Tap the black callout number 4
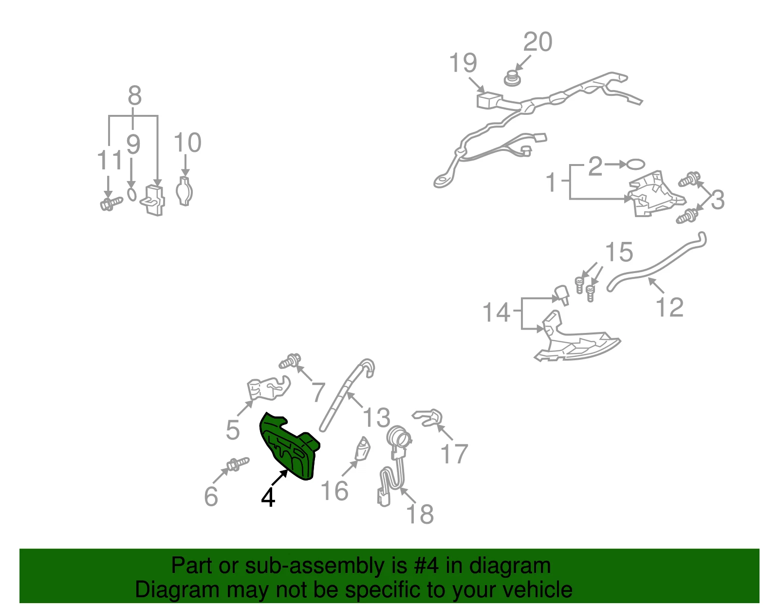pos(268,497)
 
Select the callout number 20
pos(538,42)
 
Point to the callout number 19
pos(463,63)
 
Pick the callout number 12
pos(669,307)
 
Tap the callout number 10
pos(187,142)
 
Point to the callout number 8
pos(135,95)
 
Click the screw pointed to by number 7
pos(290,361)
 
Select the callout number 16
pos(334,491)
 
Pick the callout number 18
pos(420,514)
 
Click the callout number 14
pos(496,312)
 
